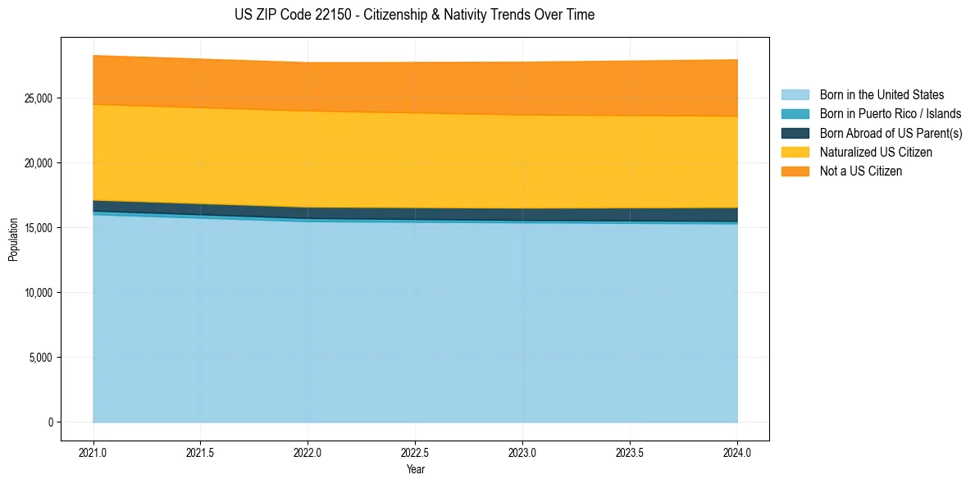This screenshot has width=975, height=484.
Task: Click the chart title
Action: pyautogui.click(x=414, y=15)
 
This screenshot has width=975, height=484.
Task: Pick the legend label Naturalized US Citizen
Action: pyautogui.click(x=876, y=153)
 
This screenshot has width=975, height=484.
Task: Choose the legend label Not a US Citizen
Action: pyautogui.click(x=861, y=171)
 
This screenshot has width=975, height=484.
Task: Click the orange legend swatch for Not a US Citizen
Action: pyautogui.click(x=795, y=171)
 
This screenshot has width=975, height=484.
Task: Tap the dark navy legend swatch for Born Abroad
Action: pyautogui.click(x=795, y=133)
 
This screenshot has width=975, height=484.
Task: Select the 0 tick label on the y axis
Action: pyautogui.click(x=50, y=422)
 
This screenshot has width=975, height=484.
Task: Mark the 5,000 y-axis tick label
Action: pyautogui.click(x=43, y=358)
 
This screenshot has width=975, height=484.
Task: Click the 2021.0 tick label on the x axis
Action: pyautogui.click(x=93, y=453)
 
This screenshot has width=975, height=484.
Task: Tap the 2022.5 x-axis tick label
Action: pyautogui.click(x=415, y=453)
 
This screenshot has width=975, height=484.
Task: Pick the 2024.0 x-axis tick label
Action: pyautogui.click(x=737, y=453)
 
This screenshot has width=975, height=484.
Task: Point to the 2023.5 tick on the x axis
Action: pyautogui.click(x=630, y=453)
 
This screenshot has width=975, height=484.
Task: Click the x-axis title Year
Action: pyautogui.click(x=415, y=470)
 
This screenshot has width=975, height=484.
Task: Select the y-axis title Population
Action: pyautogui.click(x=13, y=239)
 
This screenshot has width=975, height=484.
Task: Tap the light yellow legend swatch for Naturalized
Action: pyautogui.click(x=795, y=153)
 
